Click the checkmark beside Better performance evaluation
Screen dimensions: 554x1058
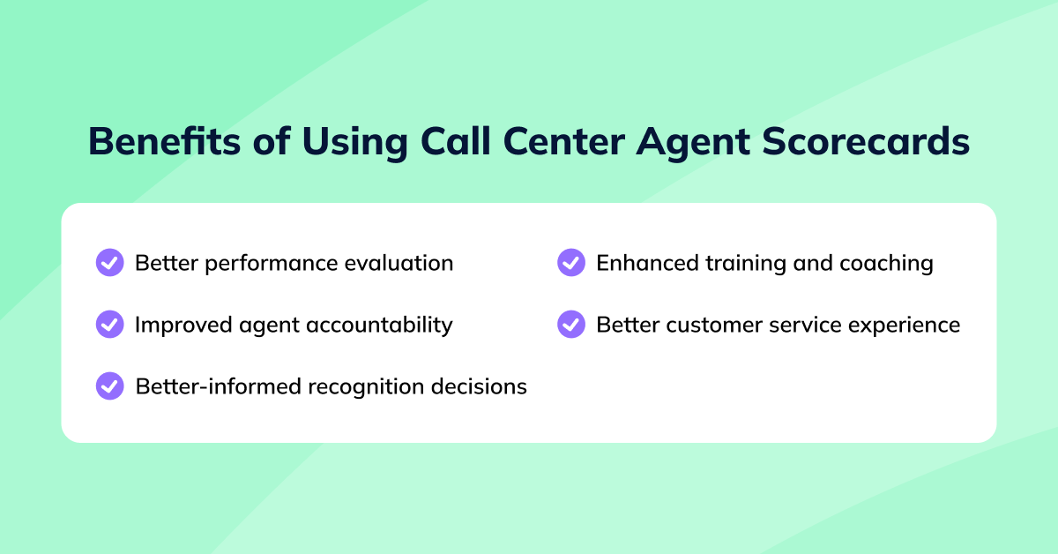109,263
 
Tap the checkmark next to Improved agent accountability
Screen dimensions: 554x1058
109,325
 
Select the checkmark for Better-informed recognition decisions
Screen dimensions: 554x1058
109,386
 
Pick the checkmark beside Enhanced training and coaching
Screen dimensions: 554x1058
571,263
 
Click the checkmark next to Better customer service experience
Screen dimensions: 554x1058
571,325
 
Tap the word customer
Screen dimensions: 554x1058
708,325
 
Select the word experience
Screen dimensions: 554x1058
905,326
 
